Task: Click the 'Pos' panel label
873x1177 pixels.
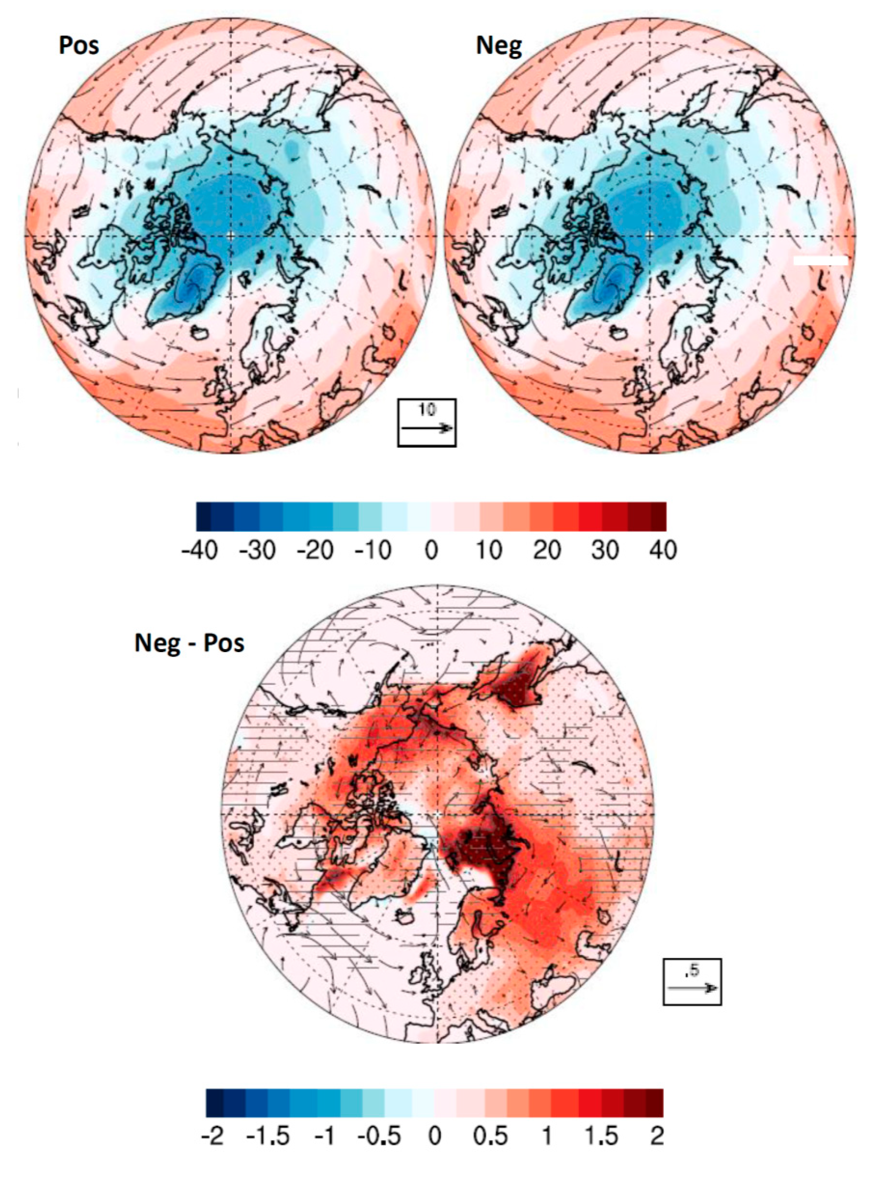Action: [79, 45]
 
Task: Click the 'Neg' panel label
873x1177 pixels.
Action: [498, 45]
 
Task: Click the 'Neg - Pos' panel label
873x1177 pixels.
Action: [189, 643]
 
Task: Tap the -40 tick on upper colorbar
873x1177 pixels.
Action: [199, 550]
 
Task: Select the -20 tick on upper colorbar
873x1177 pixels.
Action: [315, 550]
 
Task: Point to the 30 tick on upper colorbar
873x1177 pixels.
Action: [604, 550]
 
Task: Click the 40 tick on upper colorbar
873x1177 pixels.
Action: [663, 550]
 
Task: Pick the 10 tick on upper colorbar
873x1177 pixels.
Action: [489, 550]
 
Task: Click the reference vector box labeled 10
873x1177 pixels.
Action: [427, 422]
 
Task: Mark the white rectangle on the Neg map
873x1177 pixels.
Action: [820, 260]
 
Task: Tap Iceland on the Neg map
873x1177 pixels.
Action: [620, 333]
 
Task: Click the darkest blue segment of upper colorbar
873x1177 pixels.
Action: [203, 516]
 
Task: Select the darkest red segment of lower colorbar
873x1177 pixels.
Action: [655, 1102]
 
